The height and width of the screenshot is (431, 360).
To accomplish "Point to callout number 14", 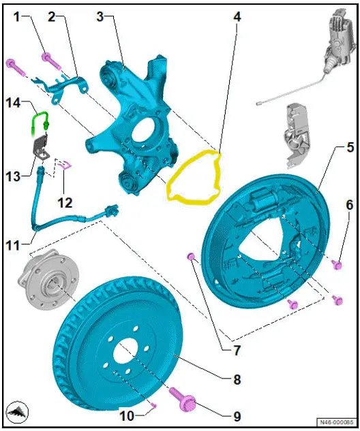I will coord(14,103).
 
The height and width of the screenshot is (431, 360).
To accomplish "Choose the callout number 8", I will coord(237,379).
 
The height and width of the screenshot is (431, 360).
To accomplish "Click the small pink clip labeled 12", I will coord(66,163).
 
